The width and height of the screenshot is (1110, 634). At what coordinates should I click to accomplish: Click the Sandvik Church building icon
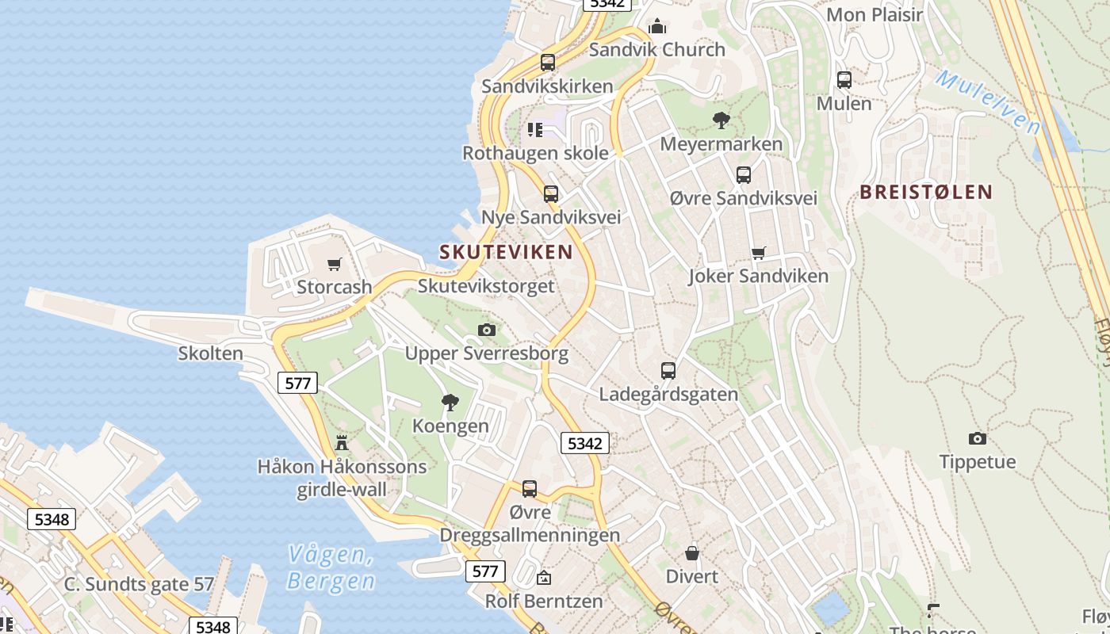pyautogui.click(x=656, y=28)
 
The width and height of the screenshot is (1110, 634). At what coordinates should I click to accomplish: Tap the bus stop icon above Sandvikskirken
pyautogui.click(x=547, y=63)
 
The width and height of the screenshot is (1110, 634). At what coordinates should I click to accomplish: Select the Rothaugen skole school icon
pyautogui.click(x=535, y=129)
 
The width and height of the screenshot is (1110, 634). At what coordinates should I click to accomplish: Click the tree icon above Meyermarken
pyautogui.click(x=721, y=120)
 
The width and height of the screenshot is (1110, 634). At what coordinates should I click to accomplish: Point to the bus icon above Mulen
pyautogui.click(x=844, y=80)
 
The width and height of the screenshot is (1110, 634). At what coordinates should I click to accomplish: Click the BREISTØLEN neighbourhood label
pyautogui.click(x=926, y=192)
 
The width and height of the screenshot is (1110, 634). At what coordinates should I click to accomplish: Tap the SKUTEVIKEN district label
pyautogui.click(x=506, y=252)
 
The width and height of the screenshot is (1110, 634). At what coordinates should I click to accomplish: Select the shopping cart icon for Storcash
pyautogui.click(x=334, y=264)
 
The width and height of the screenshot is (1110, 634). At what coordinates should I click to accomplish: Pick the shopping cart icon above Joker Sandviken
pyautogui.click(x=758, y=254)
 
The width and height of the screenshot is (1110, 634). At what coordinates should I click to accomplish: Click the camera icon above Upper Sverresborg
pyautogui.click(x=487, y=330)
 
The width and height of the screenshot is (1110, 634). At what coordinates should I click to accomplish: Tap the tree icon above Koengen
pyautogui.click(x=450, y=403)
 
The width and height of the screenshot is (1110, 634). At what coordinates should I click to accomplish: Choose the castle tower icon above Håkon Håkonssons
pyautogui.click(x=342, y=443)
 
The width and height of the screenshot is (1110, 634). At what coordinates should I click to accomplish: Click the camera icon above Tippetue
pyautogui.click(x=977, y=439)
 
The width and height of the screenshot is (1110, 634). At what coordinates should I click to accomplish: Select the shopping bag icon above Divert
pyautogui.click(x=692, y=553)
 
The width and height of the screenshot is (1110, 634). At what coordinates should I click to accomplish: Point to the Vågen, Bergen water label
pyautogui.click(x=331, y=567)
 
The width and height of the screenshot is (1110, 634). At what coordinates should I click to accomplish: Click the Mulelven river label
pyautogui.click(x=988, y=101)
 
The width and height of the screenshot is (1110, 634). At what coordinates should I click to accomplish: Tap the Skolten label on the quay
pyautogui.click(x=210, y=353)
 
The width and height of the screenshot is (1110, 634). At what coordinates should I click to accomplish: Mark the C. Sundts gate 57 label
pyautogui.click(x=139, y=585)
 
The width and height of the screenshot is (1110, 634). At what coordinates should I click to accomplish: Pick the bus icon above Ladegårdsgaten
pyautogui.click(x=668, y=371)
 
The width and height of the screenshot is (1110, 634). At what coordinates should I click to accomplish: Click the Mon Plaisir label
pyautogui.click(x=875, y=15)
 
